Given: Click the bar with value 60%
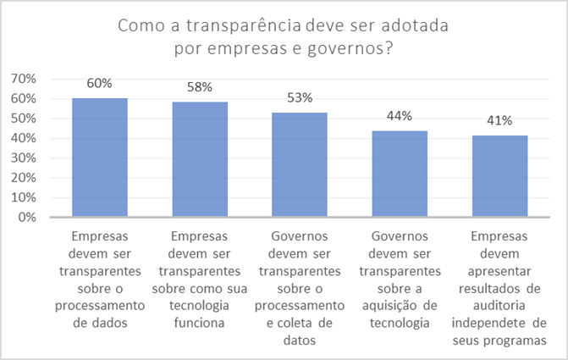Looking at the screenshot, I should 100,158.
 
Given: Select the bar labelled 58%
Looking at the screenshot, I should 200,159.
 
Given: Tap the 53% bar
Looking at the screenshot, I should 300,164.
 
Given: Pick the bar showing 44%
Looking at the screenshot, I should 400,174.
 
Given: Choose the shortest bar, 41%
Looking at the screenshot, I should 499,176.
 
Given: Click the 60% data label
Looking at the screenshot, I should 100,83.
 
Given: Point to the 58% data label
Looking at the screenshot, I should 200,87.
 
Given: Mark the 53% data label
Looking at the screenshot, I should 300,97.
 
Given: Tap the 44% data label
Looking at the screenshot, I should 400,116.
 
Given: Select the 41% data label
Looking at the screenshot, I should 499,121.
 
